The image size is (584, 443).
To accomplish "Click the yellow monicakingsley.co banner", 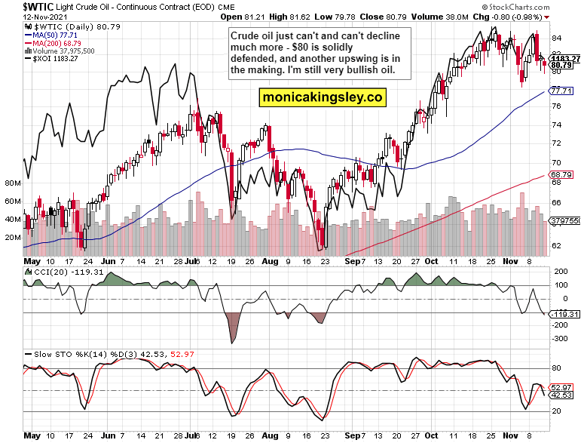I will click(323, 97).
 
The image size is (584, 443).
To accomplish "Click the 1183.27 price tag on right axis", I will click(565, 58).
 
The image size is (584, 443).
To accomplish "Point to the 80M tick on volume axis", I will click(12, 183).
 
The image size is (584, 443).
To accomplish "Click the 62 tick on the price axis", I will click(556, 245).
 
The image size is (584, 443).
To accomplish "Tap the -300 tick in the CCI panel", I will click(559, 340).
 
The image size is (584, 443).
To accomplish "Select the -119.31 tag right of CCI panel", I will click(564, 313).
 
